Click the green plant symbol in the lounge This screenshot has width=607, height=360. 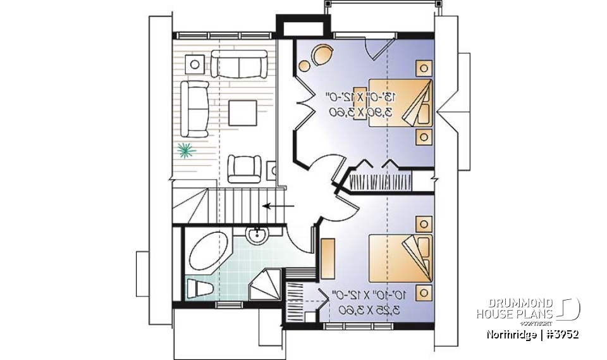coord(185,150)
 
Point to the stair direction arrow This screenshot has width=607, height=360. coord(278,206)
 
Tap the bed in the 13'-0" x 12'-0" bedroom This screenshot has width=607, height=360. coord(400,102)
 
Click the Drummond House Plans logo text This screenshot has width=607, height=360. coord(515,308)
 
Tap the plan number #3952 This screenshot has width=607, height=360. coord(560,333)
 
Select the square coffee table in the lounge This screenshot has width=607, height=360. coord(243,114)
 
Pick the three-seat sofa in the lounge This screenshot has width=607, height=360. coord(195,108)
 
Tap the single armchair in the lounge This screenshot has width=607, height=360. coord(244,168)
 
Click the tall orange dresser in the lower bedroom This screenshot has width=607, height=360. coord(328,259)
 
